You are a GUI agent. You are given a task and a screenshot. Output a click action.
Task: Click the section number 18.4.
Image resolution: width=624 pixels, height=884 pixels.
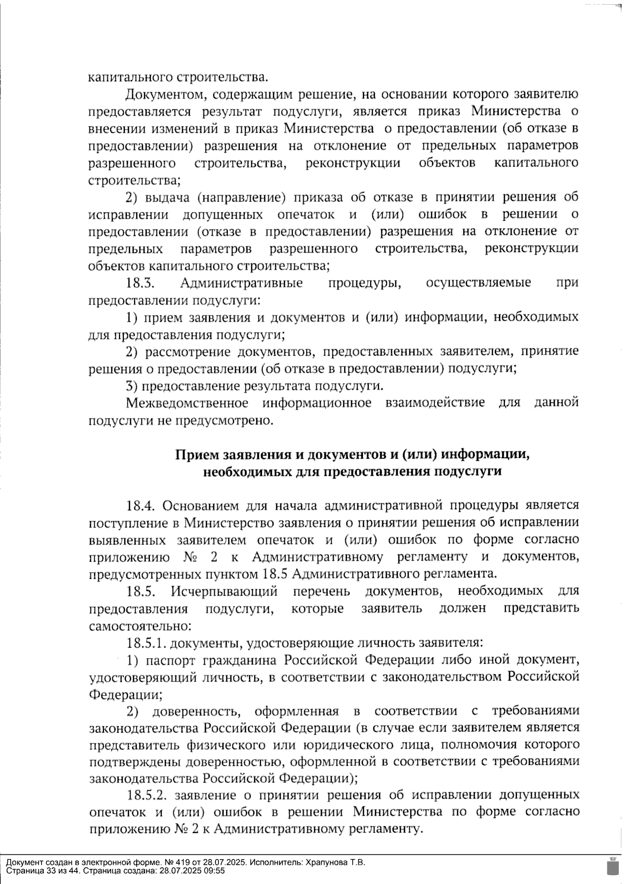click(x=141, y=506)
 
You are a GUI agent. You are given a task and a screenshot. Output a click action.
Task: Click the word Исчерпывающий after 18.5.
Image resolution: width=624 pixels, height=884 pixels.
click(x=224, y=591)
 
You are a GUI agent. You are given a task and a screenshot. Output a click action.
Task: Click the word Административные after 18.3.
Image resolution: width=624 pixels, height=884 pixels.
click(x=242, y=283)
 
